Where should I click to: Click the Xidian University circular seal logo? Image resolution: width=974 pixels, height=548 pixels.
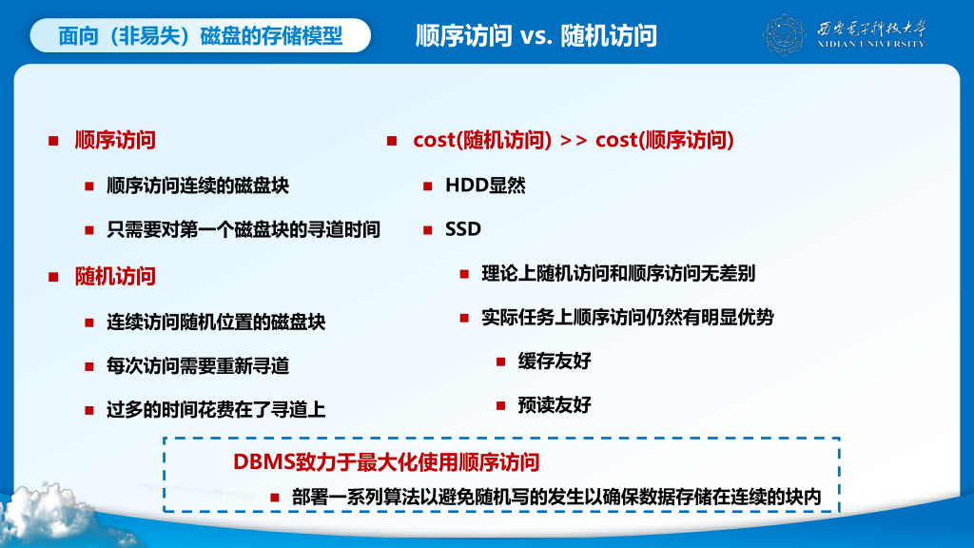[784, 35]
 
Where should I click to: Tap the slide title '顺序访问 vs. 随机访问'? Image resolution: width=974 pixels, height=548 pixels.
[536, 36]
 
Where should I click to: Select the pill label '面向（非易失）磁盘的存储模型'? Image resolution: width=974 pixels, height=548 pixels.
[200, 35]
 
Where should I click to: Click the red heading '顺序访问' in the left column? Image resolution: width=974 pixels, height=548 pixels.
[115, 141]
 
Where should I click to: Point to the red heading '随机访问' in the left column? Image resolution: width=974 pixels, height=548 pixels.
[115, 277]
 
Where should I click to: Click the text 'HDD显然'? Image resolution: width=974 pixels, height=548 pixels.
[485, 186]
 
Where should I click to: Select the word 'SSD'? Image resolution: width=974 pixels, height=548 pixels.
[463, 229]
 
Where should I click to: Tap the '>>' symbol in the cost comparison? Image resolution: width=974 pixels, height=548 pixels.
[574, 141]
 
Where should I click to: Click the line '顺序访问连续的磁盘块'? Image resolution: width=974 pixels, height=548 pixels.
[198, 186]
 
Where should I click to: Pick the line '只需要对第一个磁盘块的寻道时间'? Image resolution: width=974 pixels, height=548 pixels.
[243, 230]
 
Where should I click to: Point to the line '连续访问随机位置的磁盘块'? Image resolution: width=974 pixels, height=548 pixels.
[216, 322]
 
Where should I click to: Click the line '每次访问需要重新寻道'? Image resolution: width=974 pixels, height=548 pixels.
[198, 366]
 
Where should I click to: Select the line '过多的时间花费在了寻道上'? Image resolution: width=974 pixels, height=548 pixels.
[216, 410]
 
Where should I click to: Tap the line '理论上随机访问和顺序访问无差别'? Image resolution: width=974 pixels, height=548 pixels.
[618, 273]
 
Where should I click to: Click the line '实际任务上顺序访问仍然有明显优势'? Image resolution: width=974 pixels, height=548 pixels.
[628, 318]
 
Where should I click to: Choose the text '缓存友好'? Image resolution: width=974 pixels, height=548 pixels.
[555, 361]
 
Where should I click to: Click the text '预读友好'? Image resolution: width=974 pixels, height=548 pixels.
[555, 405]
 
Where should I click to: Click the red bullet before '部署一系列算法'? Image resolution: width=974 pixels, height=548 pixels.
[275, 497]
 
